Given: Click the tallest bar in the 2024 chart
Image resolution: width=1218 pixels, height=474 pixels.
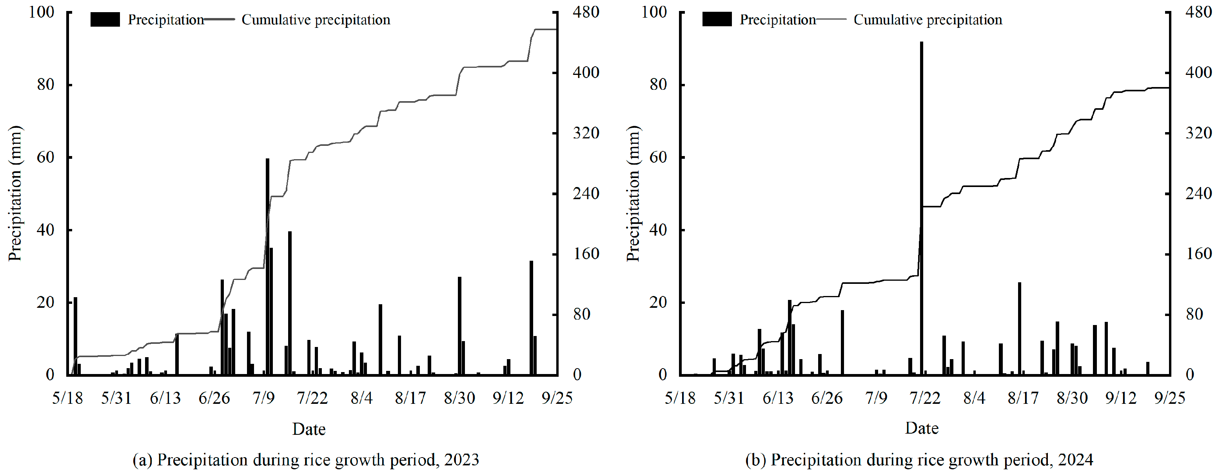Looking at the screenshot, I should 922,208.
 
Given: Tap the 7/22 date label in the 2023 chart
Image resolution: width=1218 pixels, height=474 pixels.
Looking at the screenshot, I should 312,398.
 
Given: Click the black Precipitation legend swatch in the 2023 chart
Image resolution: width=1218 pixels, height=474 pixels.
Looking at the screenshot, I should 105,19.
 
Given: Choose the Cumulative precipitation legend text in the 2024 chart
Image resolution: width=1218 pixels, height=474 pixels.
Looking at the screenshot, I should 928,19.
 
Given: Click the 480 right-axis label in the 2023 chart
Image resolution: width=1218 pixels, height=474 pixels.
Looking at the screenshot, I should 586,12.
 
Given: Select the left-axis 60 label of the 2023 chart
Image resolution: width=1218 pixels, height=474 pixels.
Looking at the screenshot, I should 45,157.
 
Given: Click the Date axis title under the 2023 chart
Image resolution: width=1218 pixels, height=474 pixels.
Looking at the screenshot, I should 309,429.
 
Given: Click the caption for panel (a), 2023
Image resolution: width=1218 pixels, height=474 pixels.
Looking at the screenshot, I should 306,460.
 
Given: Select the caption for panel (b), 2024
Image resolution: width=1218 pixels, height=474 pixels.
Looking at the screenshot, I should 919,460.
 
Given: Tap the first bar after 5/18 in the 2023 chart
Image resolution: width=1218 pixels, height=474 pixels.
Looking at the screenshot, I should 75,336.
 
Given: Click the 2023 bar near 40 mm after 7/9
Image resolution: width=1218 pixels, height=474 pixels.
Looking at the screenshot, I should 290,303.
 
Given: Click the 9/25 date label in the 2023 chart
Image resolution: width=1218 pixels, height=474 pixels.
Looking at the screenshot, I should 557,398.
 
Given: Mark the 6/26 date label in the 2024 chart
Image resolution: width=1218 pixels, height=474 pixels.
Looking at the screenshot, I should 826,398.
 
